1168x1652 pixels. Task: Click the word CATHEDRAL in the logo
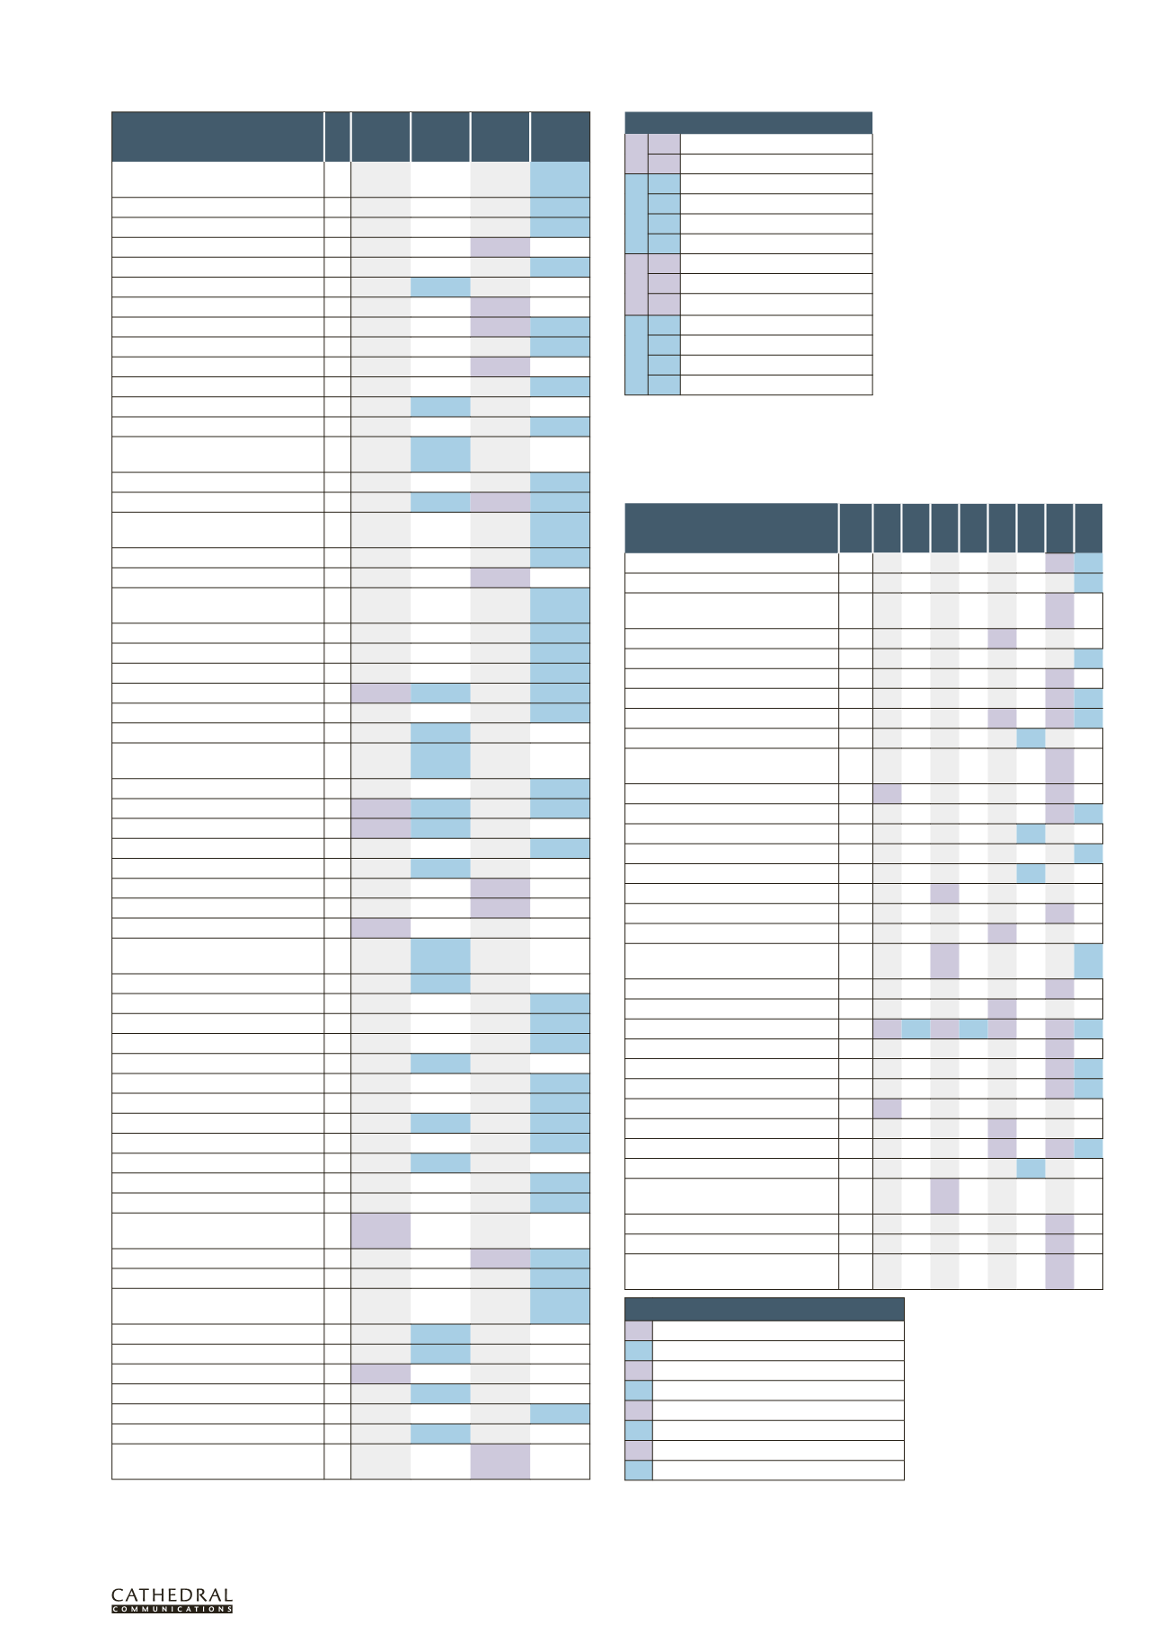[172, 1595]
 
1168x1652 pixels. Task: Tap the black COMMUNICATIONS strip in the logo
[172, 1609]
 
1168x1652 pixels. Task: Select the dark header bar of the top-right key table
[748, 122]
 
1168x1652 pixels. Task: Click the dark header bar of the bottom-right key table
[764, 1308]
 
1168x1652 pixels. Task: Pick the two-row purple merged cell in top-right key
[635, 154]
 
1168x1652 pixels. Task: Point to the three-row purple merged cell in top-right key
[635, 284]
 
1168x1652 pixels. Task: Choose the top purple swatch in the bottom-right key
[638, 1330]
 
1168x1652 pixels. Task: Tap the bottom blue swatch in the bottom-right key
[638, 1470]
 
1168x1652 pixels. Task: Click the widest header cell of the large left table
[217, 137]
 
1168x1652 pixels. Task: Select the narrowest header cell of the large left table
[337, 137]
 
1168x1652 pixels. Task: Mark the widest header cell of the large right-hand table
[731, 528]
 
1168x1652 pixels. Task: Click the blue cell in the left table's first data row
[560, 179]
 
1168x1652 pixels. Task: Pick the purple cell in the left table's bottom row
[500, 1461]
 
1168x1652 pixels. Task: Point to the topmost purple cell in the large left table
[500, 247]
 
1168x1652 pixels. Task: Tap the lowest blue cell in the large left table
[440, 1434]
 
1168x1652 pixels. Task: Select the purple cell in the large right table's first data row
[1059, 563]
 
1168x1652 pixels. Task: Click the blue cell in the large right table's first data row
[1088, 563]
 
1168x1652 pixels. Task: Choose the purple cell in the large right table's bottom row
[1059, 1272]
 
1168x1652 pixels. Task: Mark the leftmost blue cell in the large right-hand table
[916, 1029]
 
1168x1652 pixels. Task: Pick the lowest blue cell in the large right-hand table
[1031, 1168]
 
